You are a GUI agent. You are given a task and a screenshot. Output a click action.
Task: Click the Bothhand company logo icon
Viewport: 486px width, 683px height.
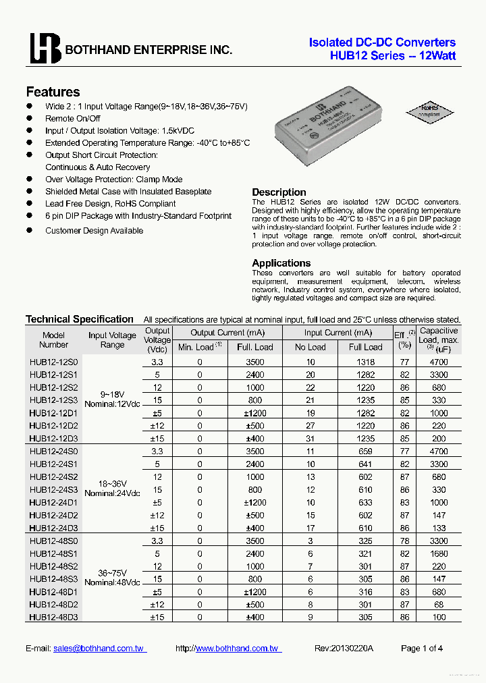[x=45, y=49]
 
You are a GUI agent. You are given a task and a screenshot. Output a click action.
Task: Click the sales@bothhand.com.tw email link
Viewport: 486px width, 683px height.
[x=99, y=648]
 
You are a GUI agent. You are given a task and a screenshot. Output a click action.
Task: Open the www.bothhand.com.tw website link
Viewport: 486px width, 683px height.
[x=236, y=648]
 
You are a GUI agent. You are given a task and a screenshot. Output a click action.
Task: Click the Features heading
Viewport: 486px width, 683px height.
[x=53, y=92]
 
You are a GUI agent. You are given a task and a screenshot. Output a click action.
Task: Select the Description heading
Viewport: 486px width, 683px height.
[x=279, y=192]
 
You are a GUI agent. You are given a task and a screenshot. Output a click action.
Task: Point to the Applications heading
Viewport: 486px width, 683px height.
[x=281, y=263]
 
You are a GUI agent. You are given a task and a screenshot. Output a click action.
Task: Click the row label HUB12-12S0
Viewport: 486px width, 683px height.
[x=54, y=362]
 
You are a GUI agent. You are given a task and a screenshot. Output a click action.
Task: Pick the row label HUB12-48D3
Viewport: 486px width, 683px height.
[x=54, y=617]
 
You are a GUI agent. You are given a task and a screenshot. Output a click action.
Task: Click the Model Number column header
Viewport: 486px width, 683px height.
[x=54, y=339]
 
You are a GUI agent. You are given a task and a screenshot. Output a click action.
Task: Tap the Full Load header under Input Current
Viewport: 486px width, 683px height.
[x=365, y=347]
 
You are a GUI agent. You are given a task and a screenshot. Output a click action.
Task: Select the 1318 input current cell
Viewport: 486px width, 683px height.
[x=365, y=362]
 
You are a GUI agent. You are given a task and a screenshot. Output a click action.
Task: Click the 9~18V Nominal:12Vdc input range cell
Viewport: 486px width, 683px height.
[x=112, y=399]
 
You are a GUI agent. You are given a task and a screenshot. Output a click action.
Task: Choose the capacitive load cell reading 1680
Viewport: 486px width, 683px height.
[x=439, y=553]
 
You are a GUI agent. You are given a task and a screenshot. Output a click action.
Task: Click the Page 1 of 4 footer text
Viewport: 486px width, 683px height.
[x=422, y=648]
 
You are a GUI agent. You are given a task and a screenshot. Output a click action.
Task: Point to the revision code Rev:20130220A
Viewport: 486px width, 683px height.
[x=344, y=648]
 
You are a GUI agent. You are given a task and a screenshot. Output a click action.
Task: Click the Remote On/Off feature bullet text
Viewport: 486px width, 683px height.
[x=73, y=119]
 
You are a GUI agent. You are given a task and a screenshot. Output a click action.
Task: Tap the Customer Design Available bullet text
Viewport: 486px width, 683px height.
[x=94, y=231]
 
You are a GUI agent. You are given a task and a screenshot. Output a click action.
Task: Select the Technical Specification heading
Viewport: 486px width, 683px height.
[x=80, y=319]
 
